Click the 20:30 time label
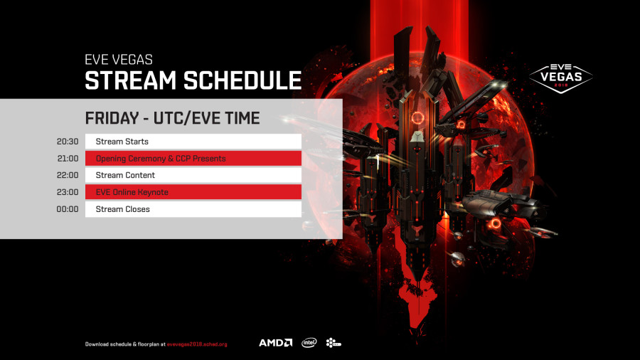pos(68,142)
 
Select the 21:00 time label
pos(68,159)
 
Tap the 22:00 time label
pos(68,175)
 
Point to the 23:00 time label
pos(68,192)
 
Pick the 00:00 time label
pos(68,209)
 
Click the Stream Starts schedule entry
pos(193,142)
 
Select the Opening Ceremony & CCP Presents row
pos(193,159)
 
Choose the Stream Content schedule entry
pos(193,175)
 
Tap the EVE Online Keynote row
pos(193,192)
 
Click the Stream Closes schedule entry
pos(193,209)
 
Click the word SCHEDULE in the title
pos(242,80)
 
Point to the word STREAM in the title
pos(131,80)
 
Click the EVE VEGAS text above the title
pos(119,60)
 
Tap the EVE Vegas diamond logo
pos(561,78)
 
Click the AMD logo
pos(275,343)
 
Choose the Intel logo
pos(309,343)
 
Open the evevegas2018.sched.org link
pos(197,344)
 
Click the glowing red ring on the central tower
pos(417,118)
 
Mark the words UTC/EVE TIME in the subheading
pos(206,118)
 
